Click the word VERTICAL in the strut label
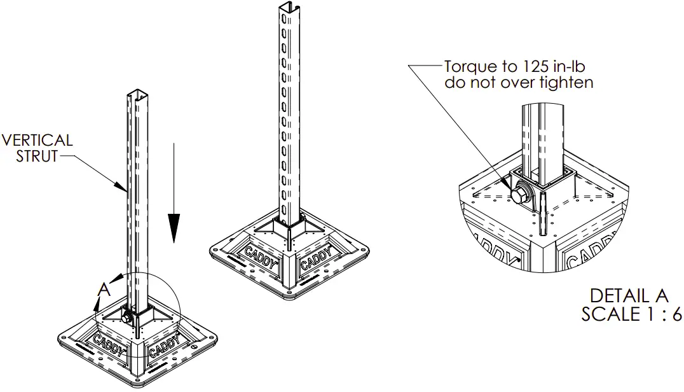pyautogui.click(x=38, y=139)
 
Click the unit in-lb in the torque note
pyautogui.click(x=566, y=66)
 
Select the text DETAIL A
pyautogui.click(x=629, y=296)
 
